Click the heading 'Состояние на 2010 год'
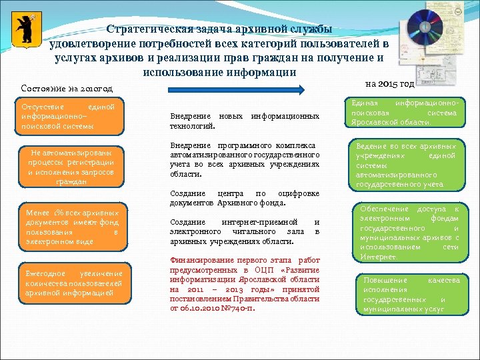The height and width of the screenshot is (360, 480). point(67,89)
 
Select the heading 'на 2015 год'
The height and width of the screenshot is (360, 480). point(391,84)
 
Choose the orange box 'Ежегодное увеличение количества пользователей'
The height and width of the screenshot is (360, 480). point(73,283)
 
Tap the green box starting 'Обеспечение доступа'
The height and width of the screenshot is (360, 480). point(409,233)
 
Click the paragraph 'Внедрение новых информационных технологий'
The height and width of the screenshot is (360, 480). point(245,121)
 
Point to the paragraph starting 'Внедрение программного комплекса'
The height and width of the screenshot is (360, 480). point(245,159)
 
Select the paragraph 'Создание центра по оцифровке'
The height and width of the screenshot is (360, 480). point(245,198)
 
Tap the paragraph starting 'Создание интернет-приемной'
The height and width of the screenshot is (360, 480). point(245,231)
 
